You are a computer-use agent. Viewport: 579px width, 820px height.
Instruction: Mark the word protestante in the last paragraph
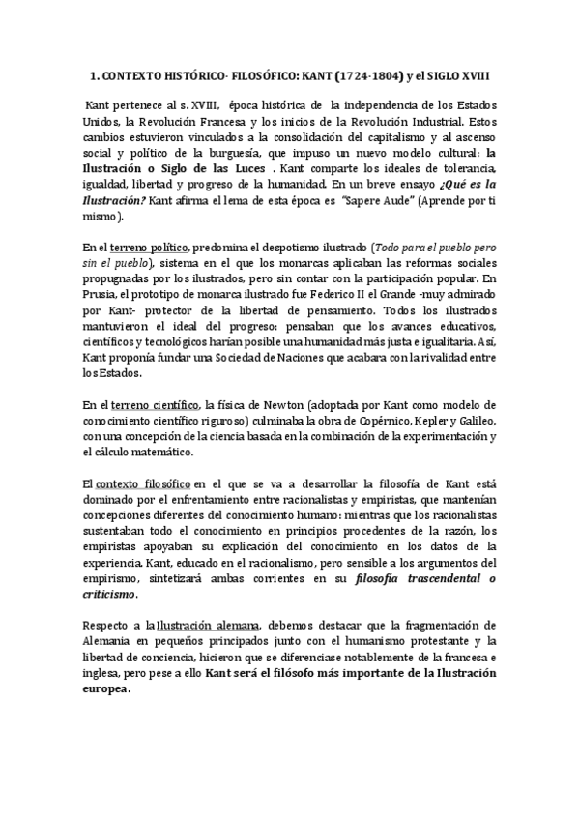pyautogui.click(x=437, y=641)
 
